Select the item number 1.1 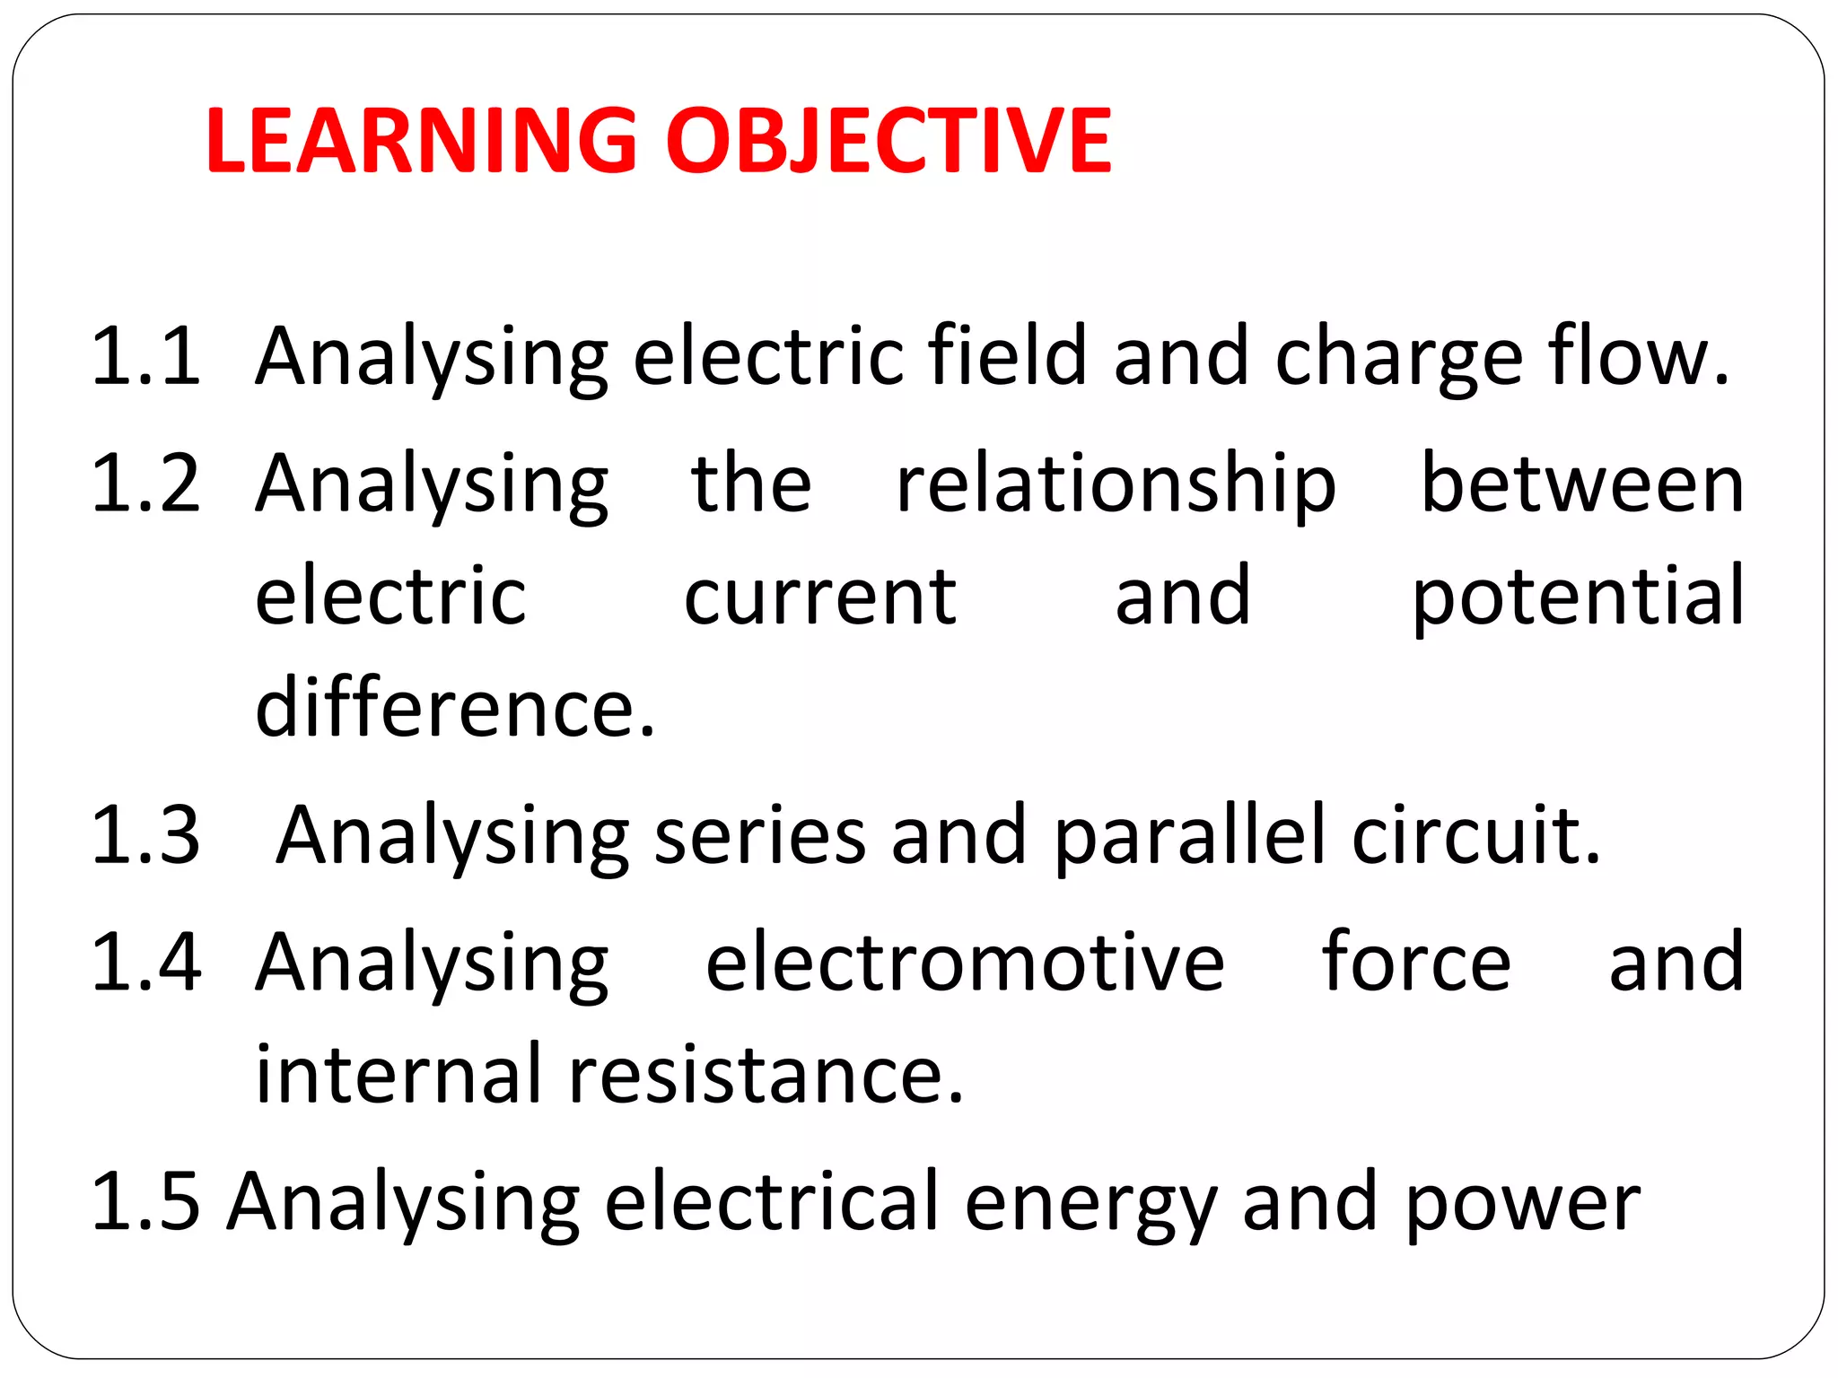coord(146,357)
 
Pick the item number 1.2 coord(146,484)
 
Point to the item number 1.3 coord(146,835)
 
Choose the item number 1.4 coord(146,963)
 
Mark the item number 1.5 coord(146,1201)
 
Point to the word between coord(1583,484)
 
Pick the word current coord(820,597)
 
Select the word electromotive coord(965,963)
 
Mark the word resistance coord(766,1075)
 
